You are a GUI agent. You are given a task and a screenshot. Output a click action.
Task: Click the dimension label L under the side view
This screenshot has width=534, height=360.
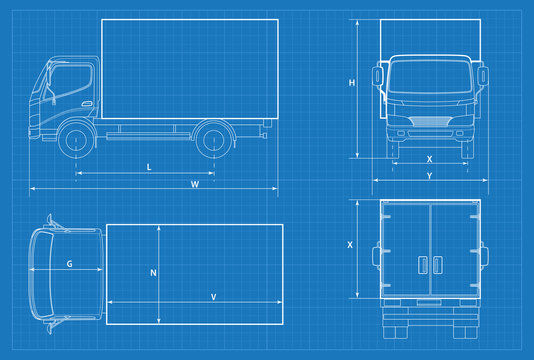pyautogui.click(x=149, y=166)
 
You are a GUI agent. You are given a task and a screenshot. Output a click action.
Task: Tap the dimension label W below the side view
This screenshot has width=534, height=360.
pyautogui.click(x=195, y=184)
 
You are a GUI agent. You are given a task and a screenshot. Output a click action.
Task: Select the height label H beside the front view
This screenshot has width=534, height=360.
pyautogui.click(x=352, y=83)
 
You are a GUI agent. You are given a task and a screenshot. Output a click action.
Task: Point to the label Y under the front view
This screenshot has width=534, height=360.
pyautogui.click(x=429, y=176)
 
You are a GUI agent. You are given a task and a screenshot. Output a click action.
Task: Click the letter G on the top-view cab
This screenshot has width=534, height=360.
pyautogui.click(x=69, y=264)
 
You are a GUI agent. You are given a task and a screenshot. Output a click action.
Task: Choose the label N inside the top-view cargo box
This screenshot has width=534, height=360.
pyautogui.click(x=153, y=272)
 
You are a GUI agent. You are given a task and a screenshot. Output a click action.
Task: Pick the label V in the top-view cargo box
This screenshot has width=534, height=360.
pyautogui.click(x=213, y=296)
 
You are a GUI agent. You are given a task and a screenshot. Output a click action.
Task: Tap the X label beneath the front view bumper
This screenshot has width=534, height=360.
pyautogui.click(x=429, y=159)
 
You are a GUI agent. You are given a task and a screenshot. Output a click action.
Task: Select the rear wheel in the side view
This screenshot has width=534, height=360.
pyautogui.click(x=210, y=140)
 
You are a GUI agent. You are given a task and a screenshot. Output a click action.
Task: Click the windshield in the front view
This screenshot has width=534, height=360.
pyautogui.click(x=429, y=80)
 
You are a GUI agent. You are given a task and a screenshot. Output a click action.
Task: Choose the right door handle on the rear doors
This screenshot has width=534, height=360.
pyautogui.click(x=436, y=264)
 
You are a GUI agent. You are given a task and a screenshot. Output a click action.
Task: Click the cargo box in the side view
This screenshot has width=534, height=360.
pyautogui.click(x=186, y=68)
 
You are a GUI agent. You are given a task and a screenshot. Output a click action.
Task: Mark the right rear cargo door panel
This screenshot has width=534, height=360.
pyautogui.click(x=453, y=249)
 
